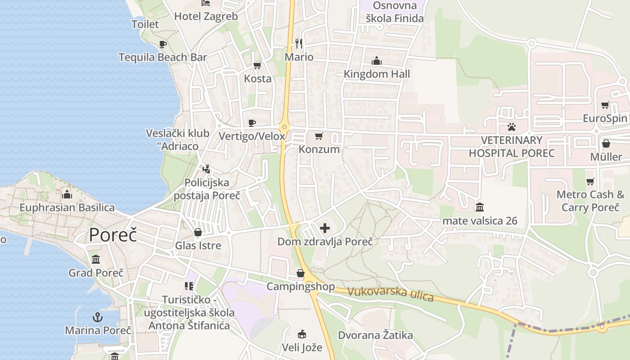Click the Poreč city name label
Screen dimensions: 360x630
coord(112,235)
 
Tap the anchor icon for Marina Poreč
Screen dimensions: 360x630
coord(98,317)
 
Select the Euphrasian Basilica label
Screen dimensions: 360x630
coord(67,207)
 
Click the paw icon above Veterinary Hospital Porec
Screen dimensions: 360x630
coord(512,126)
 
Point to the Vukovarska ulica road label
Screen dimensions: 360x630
coord(391,294)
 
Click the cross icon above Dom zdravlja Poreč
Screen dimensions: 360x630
coord(324,228)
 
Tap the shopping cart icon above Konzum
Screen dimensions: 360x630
coord(319,136)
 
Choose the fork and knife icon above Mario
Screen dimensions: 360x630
coord(299,44)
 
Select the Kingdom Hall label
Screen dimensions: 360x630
coord(377,74)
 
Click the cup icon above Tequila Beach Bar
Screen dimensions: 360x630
coord(163,44)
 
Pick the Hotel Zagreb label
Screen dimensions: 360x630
coord(206,16)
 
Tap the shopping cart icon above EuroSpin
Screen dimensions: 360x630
coord(605,105)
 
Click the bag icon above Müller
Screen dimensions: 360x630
coord(606,144)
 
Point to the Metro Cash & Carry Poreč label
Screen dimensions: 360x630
coord(590,201)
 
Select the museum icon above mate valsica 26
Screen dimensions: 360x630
coord(480,207)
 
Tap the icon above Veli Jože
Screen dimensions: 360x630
coord(302,334)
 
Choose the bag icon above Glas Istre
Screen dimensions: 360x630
coord(198,232)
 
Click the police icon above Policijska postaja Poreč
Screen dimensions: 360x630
coord(207,169)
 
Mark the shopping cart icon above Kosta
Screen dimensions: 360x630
coord(257,66)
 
